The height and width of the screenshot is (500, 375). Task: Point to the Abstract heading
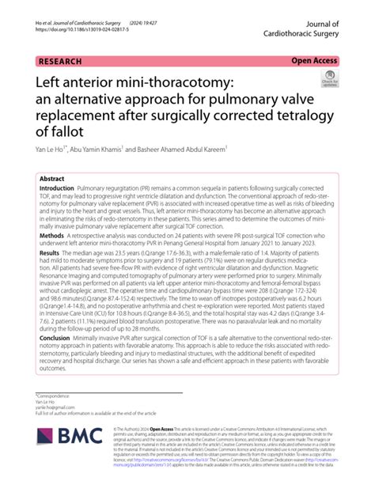pyautogui.click(x=52, y=179)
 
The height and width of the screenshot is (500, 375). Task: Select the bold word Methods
pyautogui.click(x=51, y=258)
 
